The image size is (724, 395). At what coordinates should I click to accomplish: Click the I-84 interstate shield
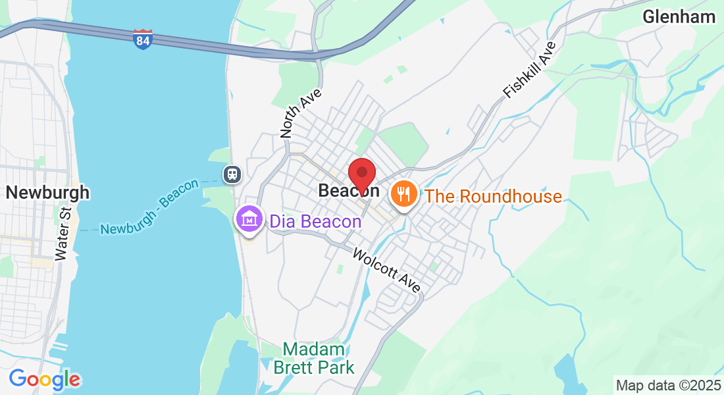(x=142, y=39)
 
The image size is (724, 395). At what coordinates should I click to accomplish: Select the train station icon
(x=232, y=174)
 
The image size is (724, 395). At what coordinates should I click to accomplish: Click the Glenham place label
(x=679, y=17)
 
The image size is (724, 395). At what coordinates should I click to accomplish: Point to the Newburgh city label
(x=47, y=193)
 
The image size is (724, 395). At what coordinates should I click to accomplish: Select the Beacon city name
(x=348, y=191)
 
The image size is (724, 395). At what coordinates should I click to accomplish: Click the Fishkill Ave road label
(x=529, y=70)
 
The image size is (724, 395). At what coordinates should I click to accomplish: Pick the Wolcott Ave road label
(x=386, y=270)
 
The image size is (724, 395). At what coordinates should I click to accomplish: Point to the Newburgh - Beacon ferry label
(x=149, y=208)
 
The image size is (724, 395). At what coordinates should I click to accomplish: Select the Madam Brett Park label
(x=314, y=358)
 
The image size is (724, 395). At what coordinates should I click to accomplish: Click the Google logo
(x=45, y=379)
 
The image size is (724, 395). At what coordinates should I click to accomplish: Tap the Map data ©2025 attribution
(x=667, y=385)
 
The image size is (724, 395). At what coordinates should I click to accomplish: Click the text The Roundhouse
(x=493, y=196)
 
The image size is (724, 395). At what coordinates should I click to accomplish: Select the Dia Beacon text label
(x=315, y=221)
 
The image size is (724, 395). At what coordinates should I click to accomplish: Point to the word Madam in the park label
(x=314, y=349)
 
